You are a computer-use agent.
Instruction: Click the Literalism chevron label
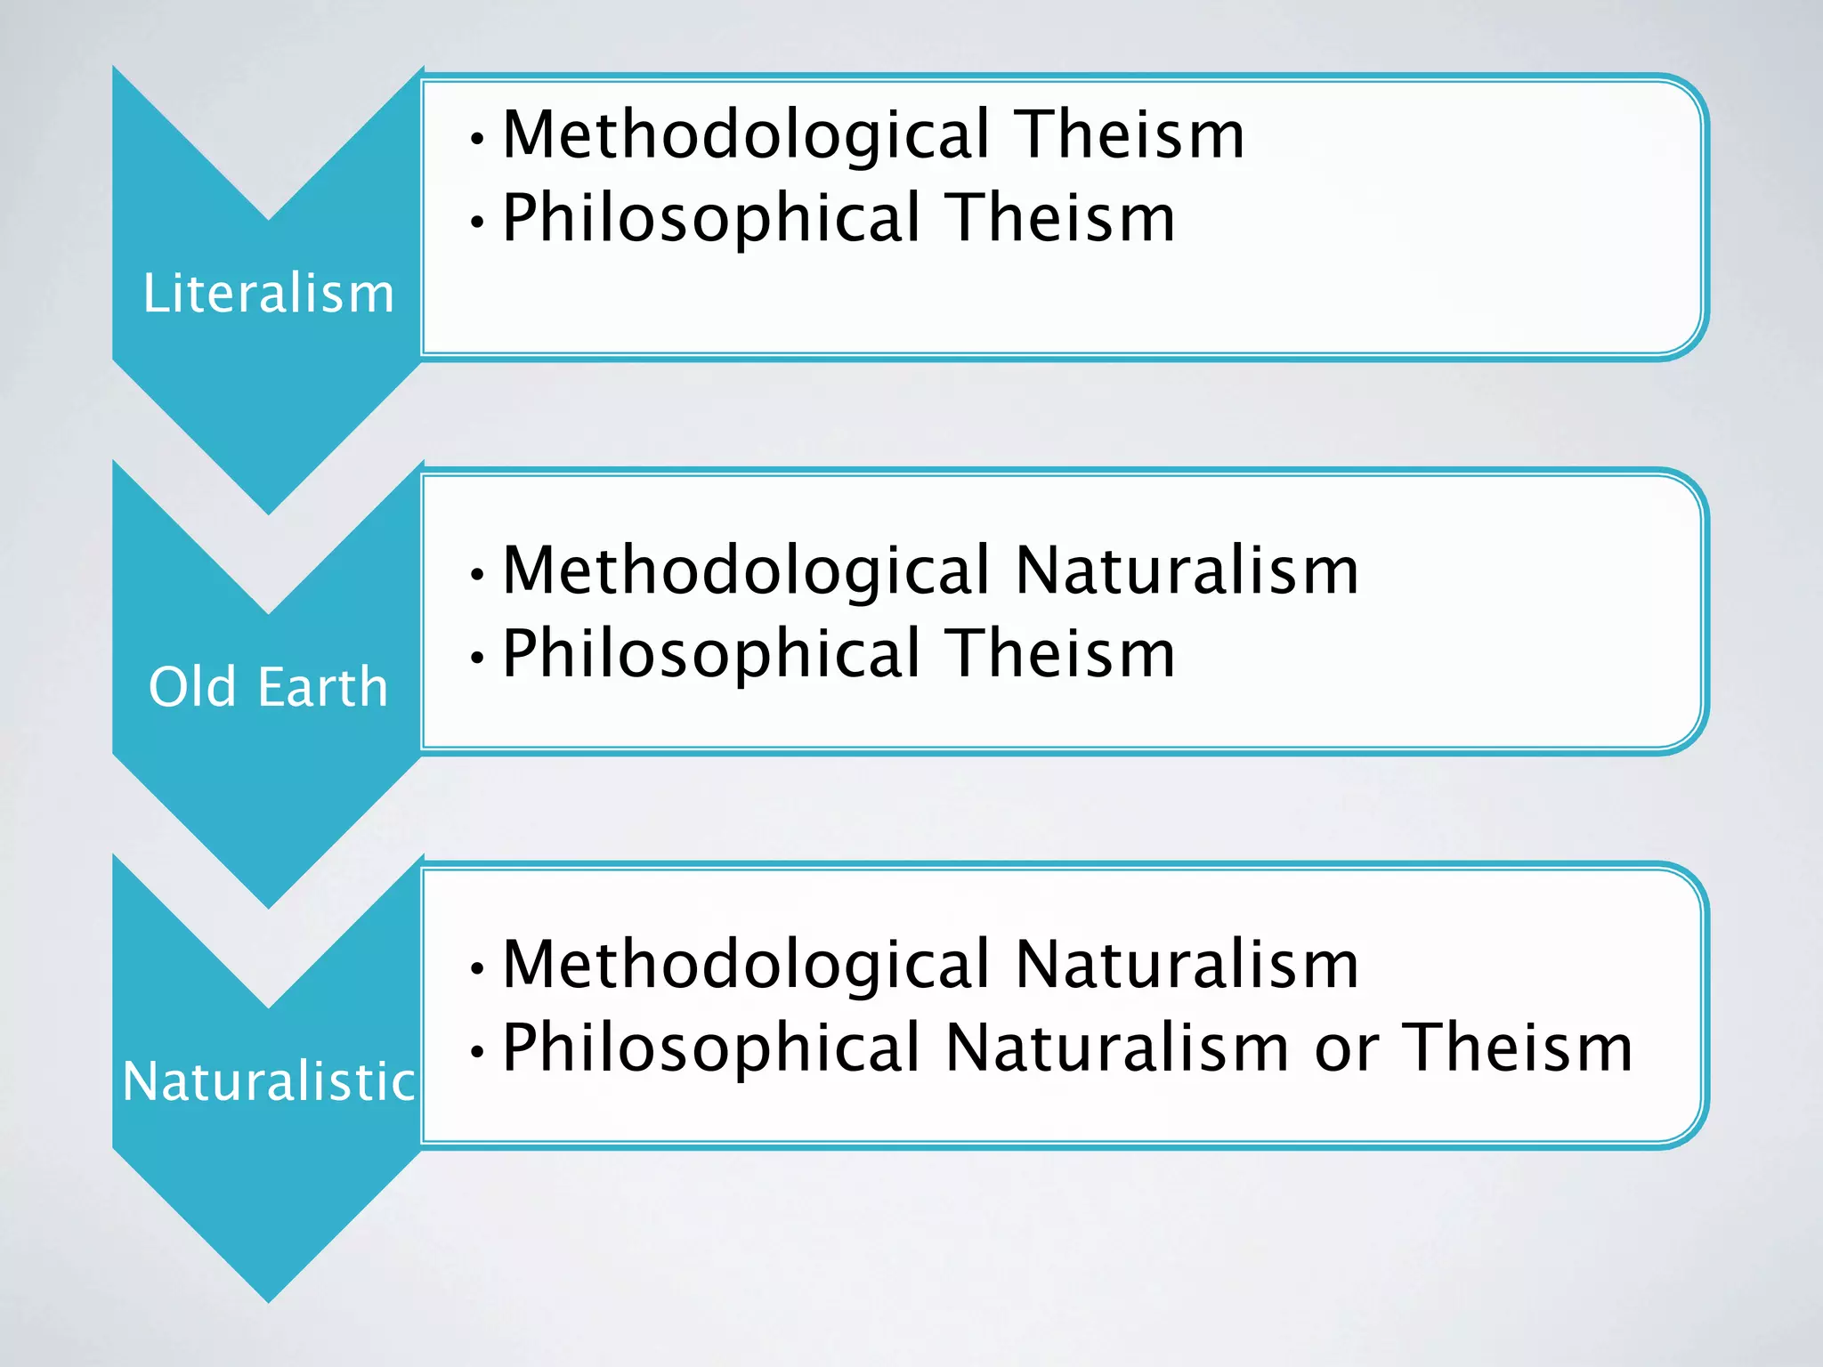(x=269, y=293)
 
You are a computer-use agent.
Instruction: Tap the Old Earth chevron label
(x=269, y=687)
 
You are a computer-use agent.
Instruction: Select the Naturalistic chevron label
(x=269, y=1081)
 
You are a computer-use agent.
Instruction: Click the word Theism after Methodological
(x=1130, y=135)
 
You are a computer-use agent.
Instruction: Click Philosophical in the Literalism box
(x=711, y=218)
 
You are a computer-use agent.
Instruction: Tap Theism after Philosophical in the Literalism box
(x=1060, y=218)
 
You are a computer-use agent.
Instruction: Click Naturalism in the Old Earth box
(x=1187, y=570)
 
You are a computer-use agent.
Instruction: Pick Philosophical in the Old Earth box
(x=711, y=654)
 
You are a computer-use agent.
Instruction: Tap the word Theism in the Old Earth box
(x=1060, y=654)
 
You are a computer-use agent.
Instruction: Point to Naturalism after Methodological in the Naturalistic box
(x=1187, y=965)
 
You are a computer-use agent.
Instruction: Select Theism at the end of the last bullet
(x=1519, y=1048)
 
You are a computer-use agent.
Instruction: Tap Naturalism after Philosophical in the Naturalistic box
(x=1117, y=1048)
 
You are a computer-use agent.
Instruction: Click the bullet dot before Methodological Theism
(x=478, y=139)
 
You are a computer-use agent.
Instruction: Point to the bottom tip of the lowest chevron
(x=269, y=1300)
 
